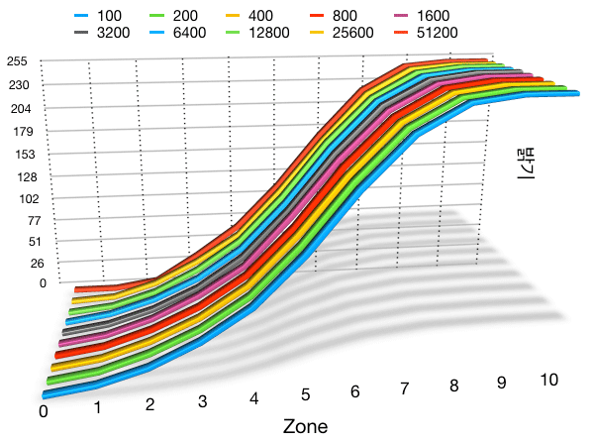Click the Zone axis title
coord(305,426)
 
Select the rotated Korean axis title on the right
coord(525,159)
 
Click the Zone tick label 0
coord(44,409)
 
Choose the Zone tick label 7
coord(404,389)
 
